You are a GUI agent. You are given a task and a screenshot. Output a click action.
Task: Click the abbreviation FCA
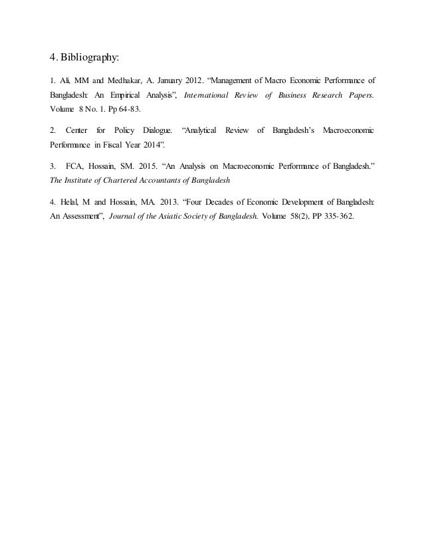click(75, 164)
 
